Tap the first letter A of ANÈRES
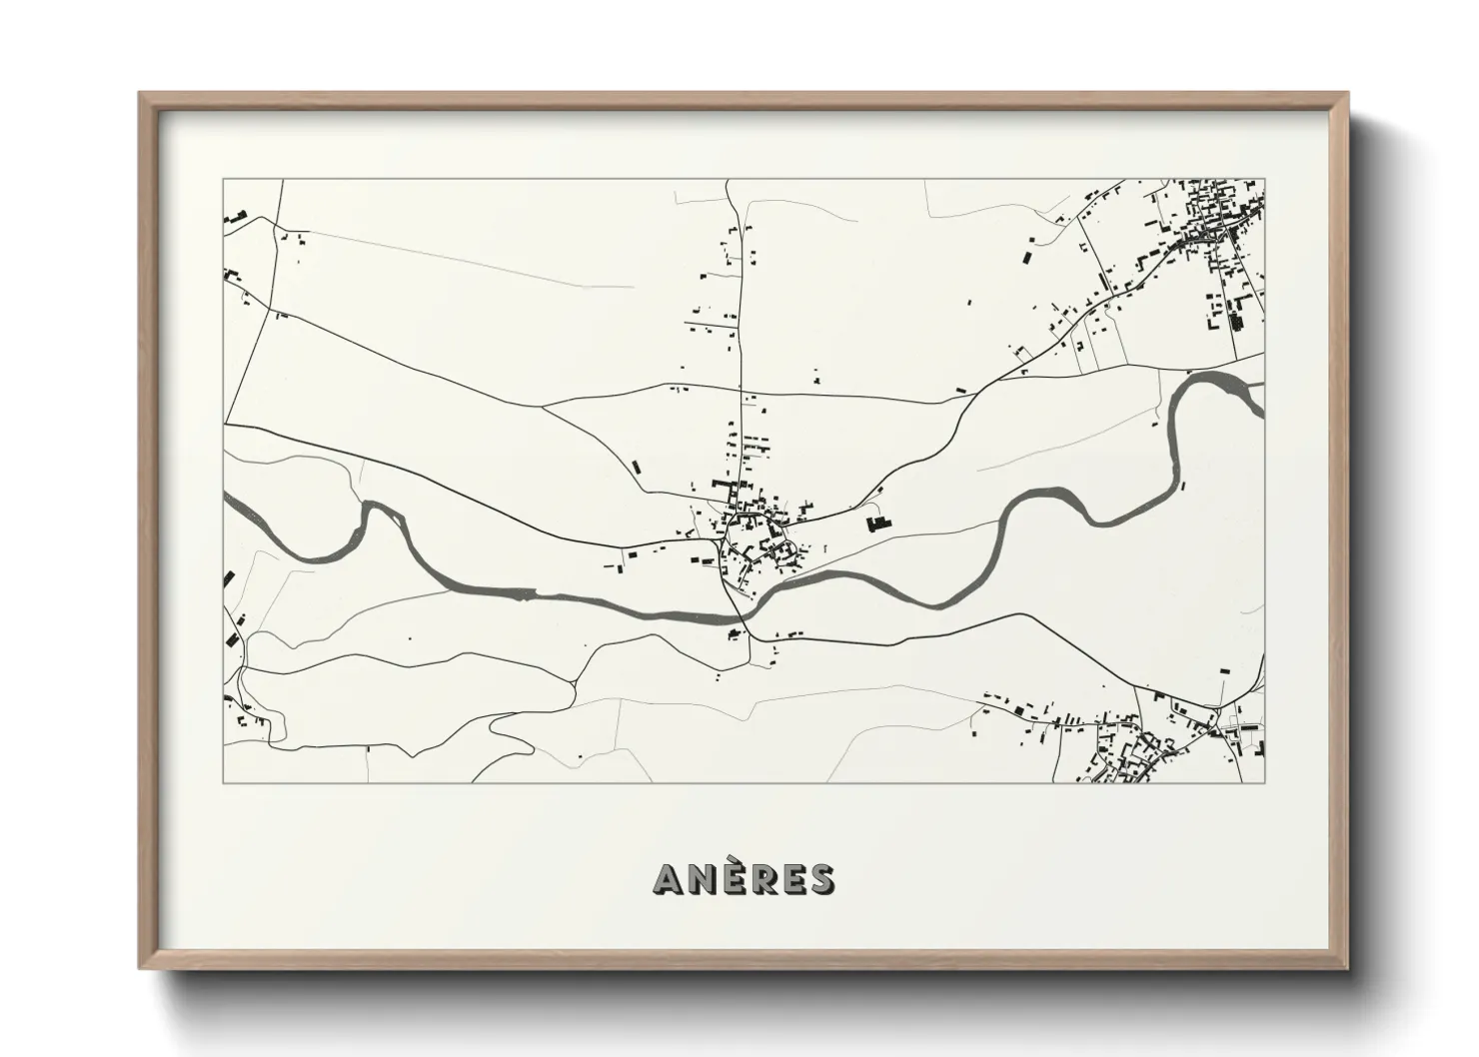pyautogui.click(x=669, y=879)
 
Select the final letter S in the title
pyautogui.click(x=821, y=879)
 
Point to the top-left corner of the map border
pyautogui.click(x=224, y=181)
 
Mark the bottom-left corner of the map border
pyautogui.click(x=224, y=781)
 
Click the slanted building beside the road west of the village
pyautogui.click(x=636, y=466)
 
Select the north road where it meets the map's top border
pyautogui.click(x=730, y=182)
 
